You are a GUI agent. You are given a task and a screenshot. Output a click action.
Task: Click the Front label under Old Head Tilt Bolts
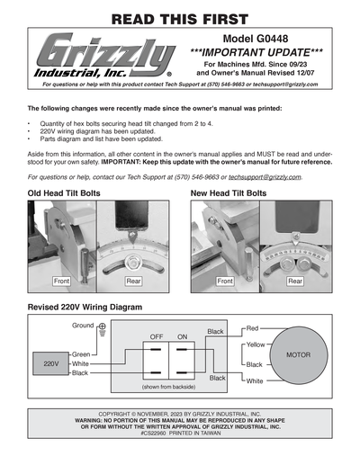[62, 282]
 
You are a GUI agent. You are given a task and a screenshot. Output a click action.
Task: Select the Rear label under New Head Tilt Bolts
[294, 282]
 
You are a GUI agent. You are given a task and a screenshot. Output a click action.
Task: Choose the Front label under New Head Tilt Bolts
[225, 282]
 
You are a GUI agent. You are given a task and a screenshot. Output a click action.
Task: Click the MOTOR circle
[298, 355]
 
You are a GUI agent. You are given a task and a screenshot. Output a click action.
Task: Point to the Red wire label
[252, 328]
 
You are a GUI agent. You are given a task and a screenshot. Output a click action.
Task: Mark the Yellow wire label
[255, 345]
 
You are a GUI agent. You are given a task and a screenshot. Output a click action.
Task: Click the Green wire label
[81, 354]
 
